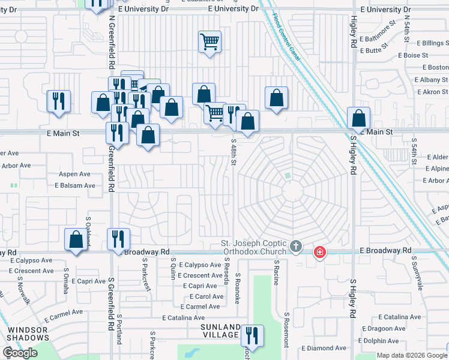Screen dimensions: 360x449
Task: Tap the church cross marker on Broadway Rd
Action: pyautogui.click(x=295, y=246)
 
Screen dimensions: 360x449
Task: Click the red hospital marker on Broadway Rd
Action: pyautogui.click(x=320, y=251)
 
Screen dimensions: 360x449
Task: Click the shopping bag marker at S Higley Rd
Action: pyautogui.click(x=358, y=118)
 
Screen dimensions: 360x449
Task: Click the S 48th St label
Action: pyautogui.click(x=234, y=155)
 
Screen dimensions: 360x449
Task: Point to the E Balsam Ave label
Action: pyautogui.click(x=75, y=185)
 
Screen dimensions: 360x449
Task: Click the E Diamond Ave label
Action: pyautogui.click(x=324, y=348)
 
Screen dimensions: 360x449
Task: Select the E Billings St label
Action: pyautogui.click(x=427, y=43)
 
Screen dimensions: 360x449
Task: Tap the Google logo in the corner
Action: pyautogui.click(x=20, y=353)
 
